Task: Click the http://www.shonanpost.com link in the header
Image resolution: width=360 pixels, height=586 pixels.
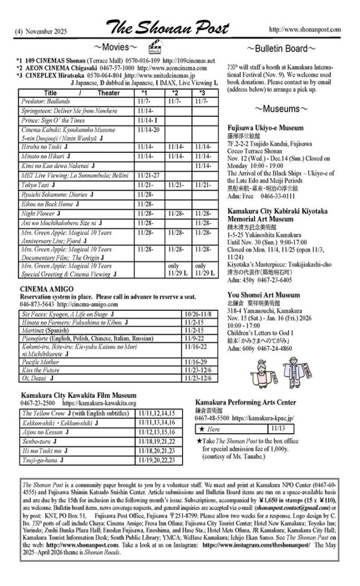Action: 304,29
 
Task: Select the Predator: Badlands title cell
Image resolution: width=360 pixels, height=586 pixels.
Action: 50,101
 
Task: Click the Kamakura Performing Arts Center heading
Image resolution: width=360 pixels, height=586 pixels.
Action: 246,402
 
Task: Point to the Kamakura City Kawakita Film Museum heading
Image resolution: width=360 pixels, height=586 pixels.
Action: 78,394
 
